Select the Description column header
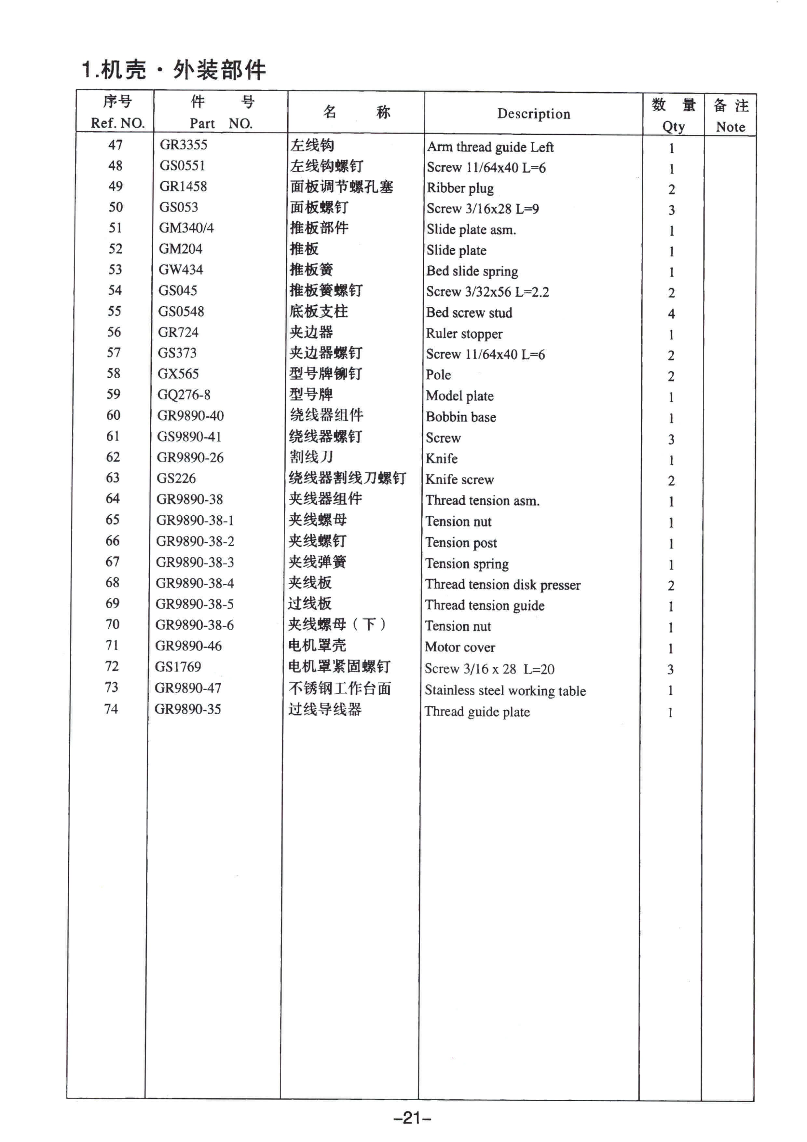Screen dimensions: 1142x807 (x=534, y=114)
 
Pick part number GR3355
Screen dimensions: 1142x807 (x=184, y=145)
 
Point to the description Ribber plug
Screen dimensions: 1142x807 (x=460, y=188)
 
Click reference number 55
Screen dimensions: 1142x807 (x=114, y=311)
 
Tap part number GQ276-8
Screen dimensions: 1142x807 (x=184, y=395)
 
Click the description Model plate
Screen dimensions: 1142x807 (x=459, y=396)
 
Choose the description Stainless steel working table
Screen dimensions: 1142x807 (x=505, y=690)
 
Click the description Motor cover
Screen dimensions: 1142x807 (x=460, y=647)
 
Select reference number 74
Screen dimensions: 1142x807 (x=111, y=709)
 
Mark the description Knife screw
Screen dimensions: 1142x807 (x=459, y=480)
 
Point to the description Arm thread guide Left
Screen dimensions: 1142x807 (x=490, y=147)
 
